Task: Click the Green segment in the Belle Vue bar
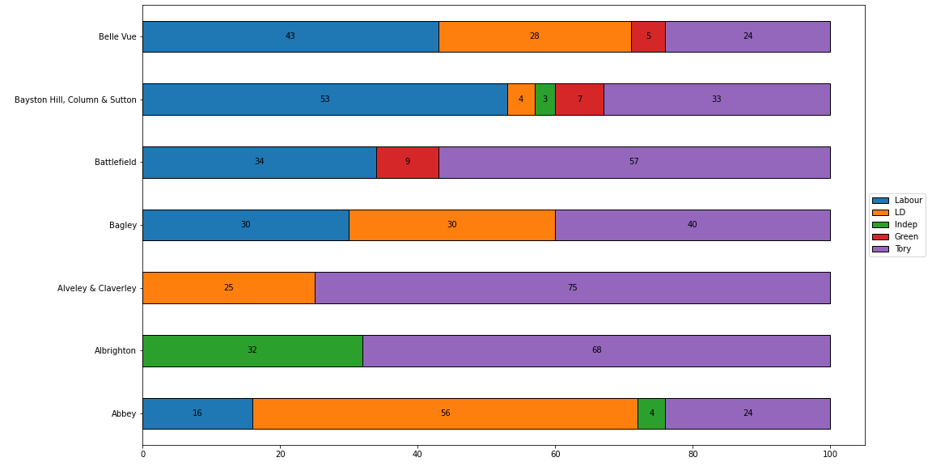point(648,36)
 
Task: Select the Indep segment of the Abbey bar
point(651,413)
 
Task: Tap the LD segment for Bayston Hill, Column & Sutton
point(521,100)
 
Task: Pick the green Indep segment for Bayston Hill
point(544,100)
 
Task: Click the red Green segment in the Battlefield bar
point(407,162)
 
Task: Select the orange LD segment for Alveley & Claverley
point(228,288)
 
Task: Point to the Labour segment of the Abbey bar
point(197,413)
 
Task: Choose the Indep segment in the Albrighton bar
point(252,350)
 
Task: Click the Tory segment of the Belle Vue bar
point(748,36)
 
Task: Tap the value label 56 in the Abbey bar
point(445,413)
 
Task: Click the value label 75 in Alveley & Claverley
point(572,288)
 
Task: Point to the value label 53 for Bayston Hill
point(324,100)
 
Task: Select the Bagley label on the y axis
point(122,225)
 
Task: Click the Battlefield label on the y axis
point(115,162)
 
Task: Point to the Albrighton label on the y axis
point(115,350)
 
